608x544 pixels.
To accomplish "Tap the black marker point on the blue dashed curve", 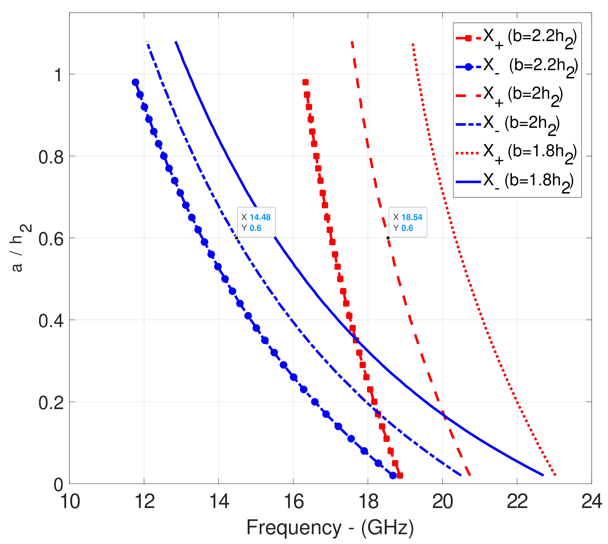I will click(x=236, y=238).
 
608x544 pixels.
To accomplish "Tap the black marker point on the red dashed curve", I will click(x=388, y=238).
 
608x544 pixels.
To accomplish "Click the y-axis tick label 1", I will click(x=58, y=74).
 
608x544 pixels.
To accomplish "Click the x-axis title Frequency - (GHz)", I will click(x=330, y=528).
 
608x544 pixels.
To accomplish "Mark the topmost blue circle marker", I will click(x=135, y=82).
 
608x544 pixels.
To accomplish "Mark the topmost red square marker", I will click(x=305, y=82).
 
